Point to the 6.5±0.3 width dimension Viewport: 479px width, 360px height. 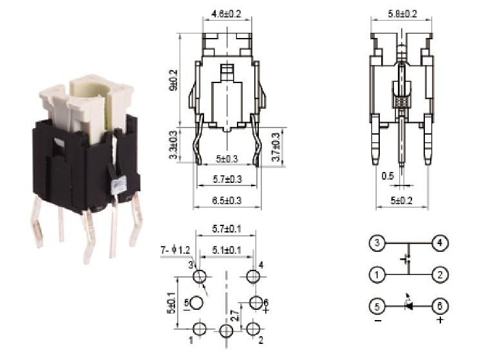coord(227,201)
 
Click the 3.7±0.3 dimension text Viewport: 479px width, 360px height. coord(276,147)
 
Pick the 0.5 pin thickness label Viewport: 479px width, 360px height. coord(387,175)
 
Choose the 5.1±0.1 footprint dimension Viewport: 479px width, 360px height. coord(226,250)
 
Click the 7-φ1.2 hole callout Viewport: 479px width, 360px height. coord(174,250)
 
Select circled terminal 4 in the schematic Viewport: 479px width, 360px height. coord(440,244)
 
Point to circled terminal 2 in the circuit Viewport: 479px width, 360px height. coord(440,275)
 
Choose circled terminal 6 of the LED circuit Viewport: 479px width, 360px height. coord(440,306)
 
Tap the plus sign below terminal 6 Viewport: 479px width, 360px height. coord(440,320)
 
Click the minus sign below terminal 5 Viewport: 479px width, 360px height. coord(377,320)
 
